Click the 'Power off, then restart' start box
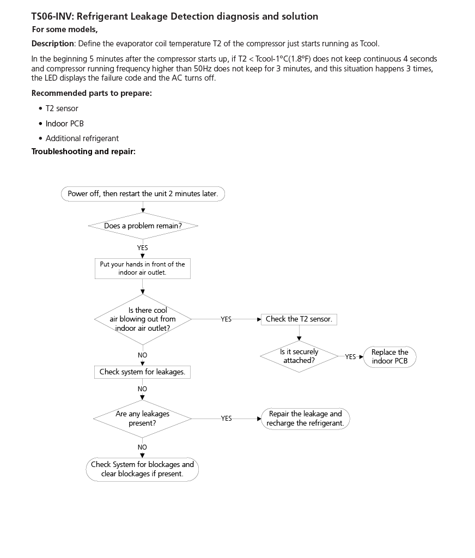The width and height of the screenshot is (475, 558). point(143,194)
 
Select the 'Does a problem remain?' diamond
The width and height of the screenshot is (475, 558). point(143,226)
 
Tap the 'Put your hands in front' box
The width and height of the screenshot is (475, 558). point(142,269)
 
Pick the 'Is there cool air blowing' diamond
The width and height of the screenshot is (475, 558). point(143,319)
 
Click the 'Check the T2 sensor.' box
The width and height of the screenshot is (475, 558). point(299,319)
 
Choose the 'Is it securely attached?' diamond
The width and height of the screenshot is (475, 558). point(299,356)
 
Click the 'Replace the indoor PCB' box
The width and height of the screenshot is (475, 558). point(389,356)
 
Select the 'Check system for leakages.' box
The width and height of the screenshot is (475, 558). point(142,372)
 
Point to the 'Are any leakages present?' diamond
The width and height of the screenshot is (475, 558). point(142,418)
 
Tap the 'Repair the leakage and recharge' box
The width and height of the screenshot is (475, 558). point(305,418)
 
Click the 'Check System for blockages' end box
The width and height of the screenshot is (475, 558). point(142,469)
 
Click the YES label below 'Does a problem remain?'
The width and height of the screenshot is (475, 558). point(142,247)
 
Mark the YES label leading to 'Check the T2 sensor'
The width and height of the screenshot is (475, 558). point(226,319)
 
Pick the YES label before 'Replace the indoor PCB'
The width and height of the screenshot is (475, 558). point(350,357)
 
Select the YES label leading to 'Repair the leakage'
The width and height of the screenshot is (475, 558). point(226,418)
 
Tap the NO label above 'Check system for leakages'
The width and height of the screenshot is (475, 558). point(142,355)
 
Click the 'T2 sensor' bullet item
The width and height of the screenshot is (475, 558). point(62,108)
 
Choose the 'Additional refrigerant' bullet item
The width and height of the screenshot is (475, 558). point(82,138)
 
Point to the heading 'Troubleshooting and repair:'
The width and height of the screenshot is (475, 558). point(83,151)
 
